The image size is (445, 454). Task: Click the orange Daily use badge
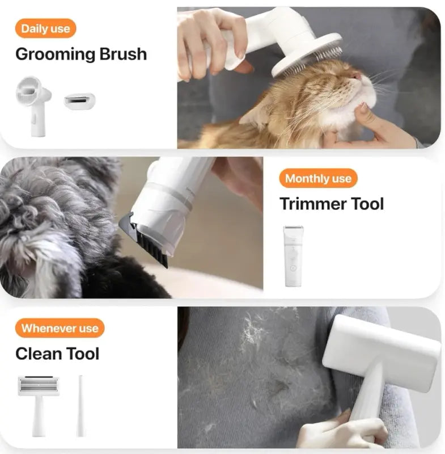click(x=45, y=28)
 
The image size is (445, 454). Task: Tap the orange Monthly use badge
click(x=318, y=179)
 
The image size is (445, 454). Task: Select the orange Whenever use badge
click(x=60, y=328)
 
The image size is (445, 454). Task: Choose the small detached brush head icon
click(x=79, y=102)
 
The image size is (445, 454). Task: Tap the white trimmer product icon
click(x=293, y=255)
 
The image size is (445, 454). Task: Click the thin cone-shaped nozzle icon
click(x=80, y=405)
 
